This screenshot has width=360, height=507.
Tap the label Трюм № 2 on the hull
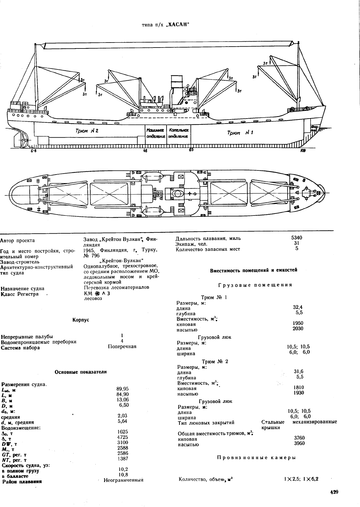point(87,131)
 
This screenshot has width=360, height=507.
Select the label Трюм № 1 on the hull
point(240,133)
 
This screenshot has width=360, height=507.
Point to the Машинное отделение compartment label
point(156,133)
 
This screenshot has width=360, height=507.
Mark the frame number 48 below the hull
point(145,151)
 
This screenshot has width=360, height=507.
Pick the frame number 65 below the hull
point(191,150)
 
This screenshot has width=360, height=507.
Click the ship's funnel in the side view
point(177,90)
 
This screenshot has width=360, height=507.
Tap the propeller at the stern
point(24,139)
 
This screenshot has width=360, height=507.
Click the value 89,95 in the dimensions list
point(122,389)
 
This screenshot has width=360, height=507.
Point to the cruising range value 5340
point(297,238)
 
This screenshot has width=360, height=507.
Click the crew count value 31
point(297,243)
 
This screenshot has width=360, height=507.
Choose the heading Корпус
point(81,320)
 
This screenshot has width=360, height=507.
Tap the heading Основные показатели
point(81,372)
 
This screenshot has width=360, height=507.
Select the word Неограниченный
point(123,480)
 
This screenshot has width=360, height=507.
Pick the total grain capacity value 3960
point(299,444)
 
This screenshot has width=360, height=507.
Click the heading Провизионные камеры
point(257,458)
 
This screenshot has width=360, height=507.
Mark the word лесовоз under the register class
point(93,299)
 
